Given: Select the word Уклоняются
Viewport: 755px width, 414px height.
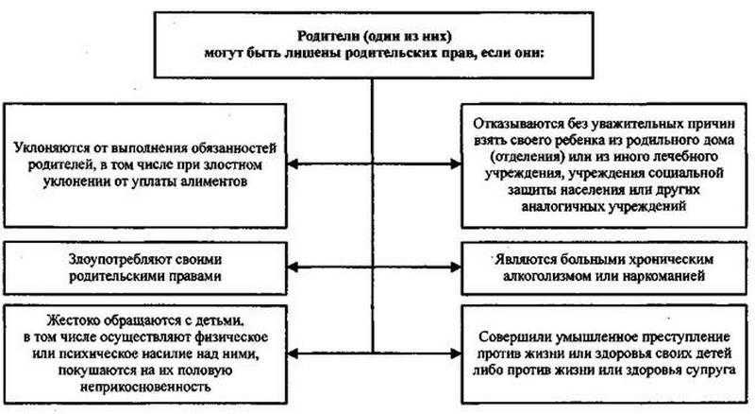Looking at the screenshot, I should [x=54, y=147].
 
